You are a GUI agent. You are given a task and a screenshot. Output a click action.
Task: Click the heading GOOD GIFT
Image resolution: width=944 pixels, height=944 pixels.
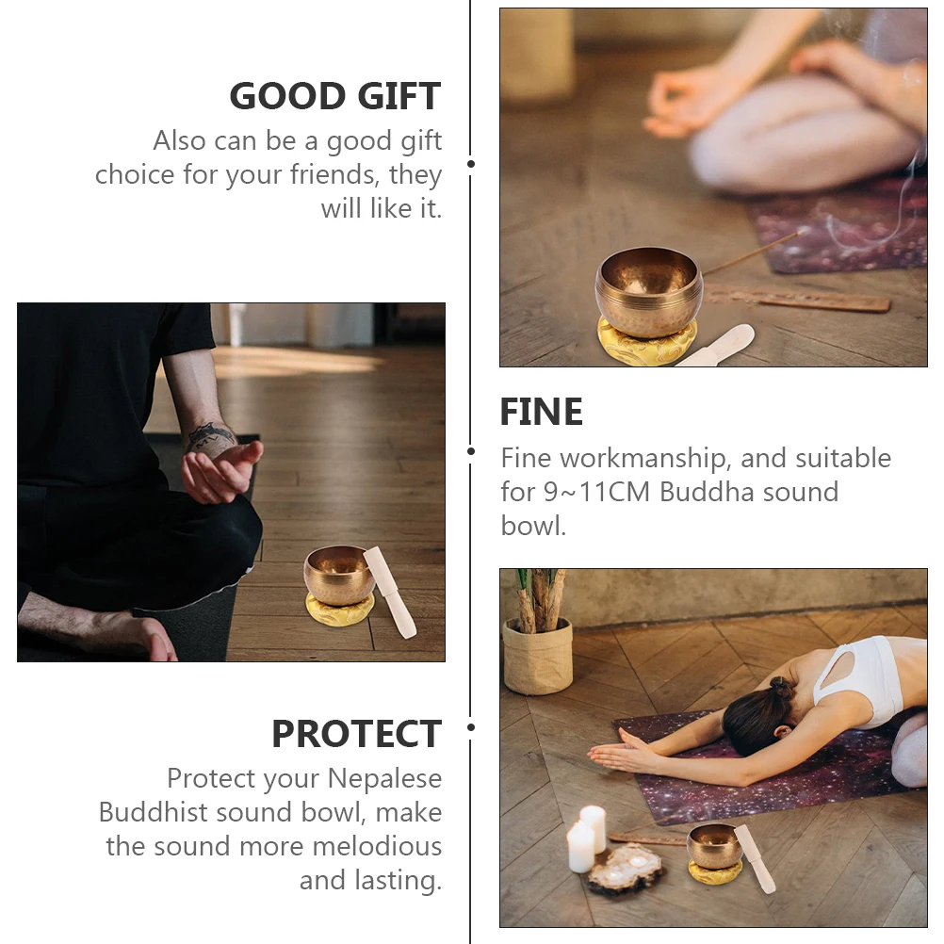[x=334, y=96]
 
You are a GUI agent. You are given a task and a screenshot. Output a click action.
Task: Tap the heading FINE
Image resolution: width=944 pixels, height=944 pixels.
[x=541, y=413]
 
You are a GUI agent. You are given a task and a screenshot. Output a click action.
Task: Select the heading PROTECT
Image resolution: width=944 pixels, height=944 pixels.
[x=356, y=734]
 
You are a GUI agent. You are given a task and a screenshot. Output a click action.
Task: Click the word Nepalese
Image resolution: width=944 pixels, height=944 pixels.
[x=384, y=779]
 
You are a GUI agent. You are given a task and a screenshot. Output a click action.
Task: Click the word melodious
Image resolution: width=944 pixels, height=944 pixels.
[x=377, y=846]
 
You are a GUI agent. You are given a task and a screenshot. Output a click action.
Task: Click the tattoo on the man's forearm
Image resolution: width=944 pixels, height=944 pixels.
[x=210, y=436]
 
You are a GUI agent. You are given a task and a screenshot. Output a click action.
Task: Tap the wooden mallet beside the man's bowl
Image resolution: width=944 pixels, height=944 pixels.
[x=390, y=591]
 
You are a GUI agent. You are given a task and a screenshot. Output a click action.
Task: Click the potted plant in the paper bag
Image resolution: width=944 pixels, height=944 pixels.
[x=537, y=641]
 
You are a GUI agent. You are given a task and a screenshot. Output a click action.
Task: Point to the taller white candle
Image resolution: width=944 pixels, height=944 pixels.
[x=593, y=827]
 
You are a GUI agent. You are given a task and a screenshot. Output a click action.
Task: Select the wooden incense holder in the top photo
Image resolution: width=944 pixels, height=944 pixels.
[x=801, y=299]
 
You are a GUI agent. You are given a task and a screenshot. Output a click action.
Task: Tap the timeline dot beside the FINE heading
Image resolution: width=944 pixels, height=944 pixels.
[x=471, y=451]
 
